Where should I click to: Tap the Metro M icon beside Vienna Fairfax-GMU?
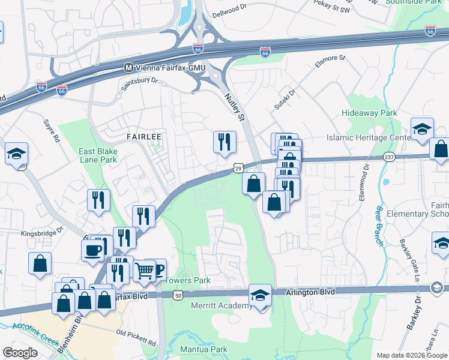click(x=128, y=68)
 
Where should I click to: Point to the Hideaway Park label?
click(x=369, y=113)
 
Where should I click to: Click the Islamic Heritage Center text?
click(x=367, y=137)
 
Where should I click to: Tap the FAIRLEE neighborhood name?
click(x=143, y=137)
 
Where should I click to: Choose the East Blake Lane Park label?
click(x=98, y=156)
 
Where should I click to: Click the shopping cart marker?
click(x=144, y=271)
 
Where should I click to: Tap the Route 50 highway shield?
click(x=177, y=295)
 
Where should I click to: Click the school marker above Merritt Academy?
click(x=260, y=295)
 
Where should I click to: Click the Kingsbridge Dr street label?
click(x=42, y=232)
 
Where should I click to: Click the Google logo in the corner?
click(x=20, y=352)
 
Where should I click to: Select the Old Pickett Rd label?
click(x=136, y=337)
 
